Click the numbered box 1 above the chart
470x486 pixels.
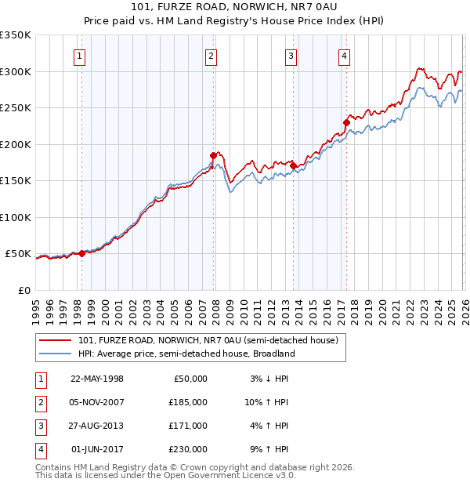[x=81, y=56]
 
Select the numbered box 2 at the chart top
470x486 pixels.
[x=211, y=56]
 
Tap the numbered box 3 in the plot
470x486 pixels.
[x=291, y=56]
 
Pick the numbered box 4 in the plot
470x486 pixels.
[x=344, y=56]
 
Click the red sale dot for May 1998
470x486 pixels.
[x=81, y=253]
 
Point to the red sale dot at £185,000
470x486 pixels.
[x=212, y=155]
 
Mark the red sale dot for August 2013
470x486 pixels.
[x=293, y=165]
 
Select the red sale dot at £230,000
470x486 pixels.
[x=345, y=122]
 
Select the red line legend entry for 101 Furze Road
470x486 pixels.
[x=208, y=340]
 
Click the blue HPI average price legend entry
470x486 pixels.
[x=186, y=354]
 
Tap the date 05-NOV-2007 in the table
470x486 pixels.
[x=97, y=401]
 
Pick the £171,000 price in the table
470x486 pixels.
[x=188, y=426]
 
